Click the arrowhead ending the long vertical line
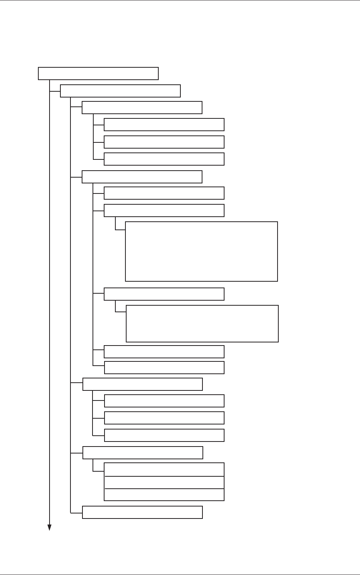[50, 527]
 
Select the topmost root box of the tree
[98, 74]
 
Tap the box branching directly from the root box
[120, 91]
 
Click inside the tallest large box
[201, 252]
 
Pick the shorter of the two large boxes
[202, 323]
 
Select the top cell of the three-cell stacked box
[164, 469]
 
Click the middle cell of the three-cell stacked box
[164, 483]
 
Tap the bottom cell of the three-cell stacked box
[164, 495]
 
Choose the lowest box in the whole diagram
[142, 512]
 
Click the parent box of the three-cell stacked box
[143, 453]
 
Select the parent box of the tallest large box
[164, 210]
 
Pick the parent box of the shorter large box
[164, 294]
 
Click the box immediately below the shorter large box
[164, 352]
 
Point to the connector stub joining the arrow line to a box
[55, 91]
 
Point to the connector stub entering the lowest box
[76, 513]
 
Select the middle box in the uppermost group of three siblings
[164, 142]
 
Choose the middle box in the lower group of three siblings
[164, 418]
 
